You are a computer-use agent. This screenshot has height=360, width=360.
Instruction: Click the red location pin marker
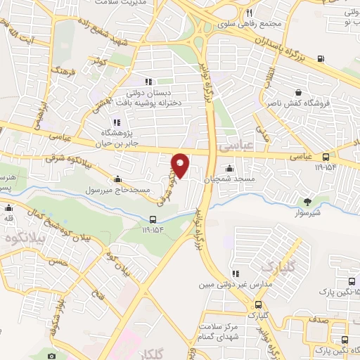(181, 165)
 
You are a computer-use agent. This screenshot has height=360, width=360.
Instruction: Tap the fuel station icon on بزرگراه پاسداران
(321, 58)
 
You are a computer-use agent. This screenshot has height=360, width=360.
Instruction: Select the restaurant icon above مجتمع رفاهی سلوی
(249, 13)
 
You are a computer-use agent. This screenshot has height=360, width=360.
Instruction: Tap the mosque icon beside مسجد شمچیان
(229, 169)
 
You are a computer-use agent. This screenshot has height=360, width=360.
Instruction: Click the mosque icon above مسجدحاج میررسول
(116, 179)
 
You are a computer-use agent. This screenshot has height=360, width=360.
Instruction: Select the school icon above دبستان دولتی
(148, 82)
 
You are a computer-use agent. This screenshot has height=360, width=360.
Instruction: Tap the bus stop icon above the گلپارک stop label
(257, 304)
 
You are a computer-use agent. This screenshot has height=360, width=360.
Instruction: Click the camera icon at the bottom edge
(51, 356)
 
